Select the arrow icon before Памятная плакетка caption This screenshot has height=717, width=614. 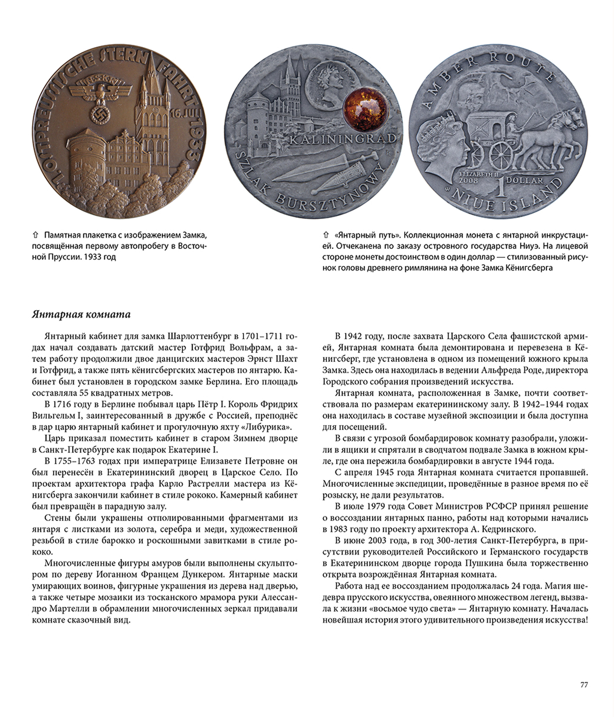[x=35, y=235]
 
